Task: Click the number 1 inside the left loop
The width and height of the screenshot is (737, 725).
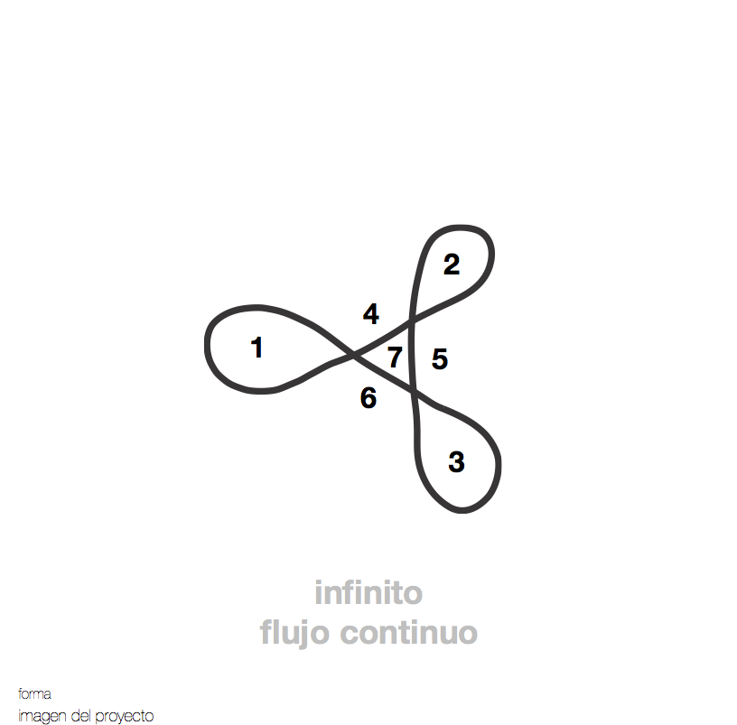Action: coord(257,348)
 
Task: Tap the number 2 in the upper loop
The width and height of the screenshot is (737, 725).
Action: coord(452,265)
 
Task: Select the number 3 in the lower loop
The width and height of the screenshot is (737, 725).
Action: coord(456,462)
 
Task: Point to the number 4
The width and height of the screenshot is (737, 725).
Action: coord(371,314)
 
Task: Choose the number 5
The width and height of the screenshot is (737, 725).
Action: coord(440,359)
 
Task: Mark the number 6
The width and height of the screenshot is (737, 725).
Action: coord(368,397)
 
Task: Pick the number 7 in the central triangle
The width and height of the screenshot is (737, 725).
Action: coord(395,358)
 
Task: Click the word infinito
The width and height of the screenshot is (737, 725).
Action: coord(368,594)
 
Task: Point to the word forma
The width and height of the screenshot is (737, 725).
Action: coord(34,694)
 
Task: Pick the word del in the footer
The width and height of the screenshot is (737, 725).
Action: coord(80,716)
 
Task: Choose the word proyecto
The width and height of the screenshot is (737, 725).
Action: coord(124,716)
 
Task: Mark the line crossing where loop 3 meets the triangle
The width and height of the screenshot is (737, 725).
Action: coord(415,391)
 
